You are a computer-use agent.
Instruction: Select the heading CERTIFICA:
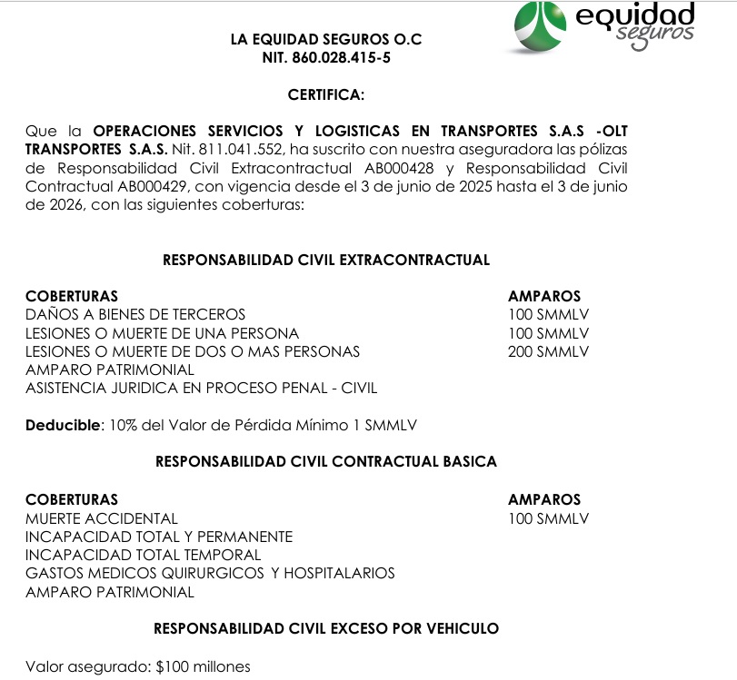pyautogui.click(x=326, y=94)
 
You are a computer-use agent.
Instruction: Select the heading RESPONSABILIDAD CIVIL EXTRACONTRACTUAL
pyautogui.click(x=326, y=260)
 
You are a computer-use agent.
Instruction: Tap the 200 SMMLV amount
pyautogui.click(x=548, y=351)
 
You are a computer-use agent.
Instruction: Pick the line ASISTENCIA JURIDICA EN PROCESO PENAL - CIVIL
pyautogui.click(x=201, y=389)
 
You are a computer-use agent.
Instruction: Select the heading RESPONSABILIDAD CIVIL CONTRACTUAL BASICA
pyautogui.click(x=326, y=461)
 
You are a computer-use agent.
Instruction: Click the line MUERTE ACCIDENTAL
pyautogui.click(x=102, y=518)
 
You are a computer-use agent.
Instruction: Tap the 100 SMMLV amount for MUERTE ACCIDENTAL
pyautogui.click(x=548, y=518)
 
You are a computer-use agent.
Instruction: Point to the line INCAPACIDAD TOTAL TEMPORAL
pyautogui.click(x=143, y=555)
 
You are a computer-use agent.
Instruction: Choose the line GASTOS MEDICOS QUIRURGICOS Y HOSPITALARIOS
pyautogui.click(x=210, y=573)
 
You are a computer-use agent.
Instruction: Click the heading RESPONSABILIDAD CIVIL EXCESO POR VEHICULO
pyautogui.click(x=326, y=628)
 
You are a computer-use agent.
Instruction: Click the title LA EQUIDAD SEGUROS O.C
pyautogui.click(x=326, y=40)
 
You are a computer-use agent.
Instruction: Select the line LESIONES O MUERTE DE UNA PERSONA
pyautogui.click(x=162, y=333)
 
